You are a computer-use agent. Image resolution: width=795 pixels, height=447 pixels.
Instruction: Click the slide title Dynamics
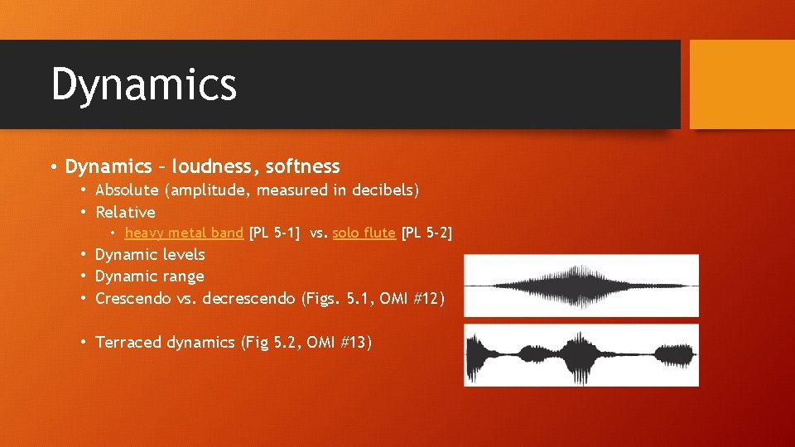(144, 84)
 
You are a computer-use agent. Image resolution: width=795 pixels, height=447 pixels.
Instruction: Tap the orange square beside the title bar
(741, 84)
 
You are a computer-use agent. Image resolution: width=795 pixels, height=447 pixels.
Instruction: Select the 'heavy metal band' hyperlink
(184, 233)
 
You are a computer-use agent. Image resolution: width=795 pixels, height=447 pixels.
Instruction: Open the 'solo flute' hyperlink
(364, 233)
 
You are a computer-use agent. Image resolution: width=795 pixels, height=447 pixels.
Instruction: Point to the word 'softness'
(302, 166)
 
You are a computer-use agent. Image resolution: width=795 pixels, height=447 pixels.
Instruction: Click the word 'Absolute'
(128, 190)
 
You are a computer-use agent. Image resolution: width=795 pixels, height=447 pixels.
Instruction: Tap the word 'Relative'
(125, 212)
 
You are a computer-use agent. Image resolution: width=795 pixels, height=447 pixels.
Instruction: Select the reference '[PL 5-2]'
(426, 233)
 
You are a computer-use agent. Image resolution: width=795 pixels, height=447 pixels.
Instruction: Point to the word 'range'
(183, 276)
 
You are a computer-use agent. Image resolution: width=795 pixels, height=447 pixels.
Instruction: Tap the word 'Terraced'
(128, 342)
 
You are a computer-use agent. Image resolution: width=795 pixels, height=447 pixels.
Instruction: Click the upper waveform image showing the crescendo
(581, 286)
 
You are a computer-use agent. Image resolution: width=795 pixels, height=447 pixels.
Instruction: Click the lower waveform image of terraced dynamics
(581, 354)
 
